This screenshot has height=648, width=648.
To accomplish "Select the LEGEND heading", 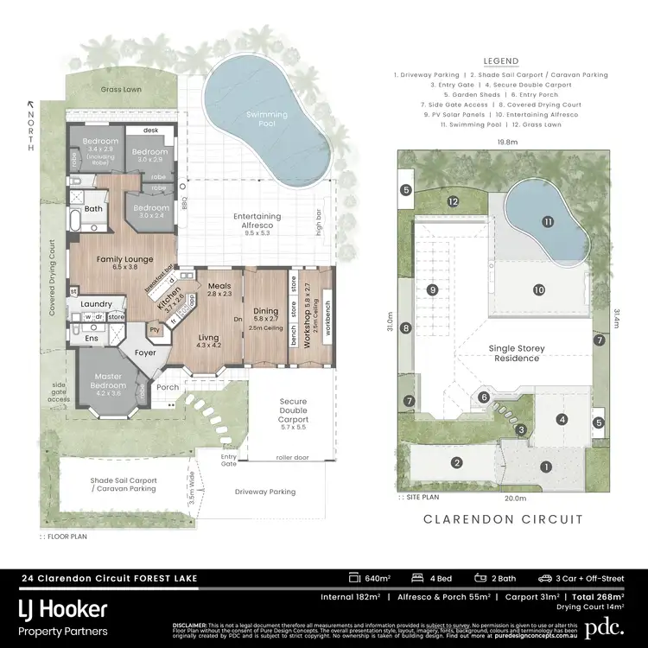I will [x=501, y=61].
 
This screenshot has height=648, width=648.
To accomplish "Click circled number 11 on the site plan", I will [x=547, y=222].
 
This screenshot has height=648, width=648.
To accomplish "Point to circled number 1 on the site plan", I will [x=545, y=467].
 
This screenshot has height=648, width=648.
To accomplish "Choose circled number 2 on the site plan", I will [x=455, y=463].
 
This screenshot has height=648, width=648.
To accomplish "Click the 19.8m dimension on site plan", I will [x=507, y=142].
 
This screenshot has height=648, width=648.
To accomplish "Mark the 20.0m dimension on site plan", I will [x=515, y=498].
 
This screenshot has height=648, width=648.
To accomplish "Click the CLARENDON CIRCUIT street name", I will [x=502, y=519].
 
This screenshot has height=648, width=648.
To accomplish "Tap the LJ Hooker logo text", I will [x=64, y=610].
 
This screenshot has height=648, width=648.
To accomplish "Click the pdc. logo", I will [x=603, y=626].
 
